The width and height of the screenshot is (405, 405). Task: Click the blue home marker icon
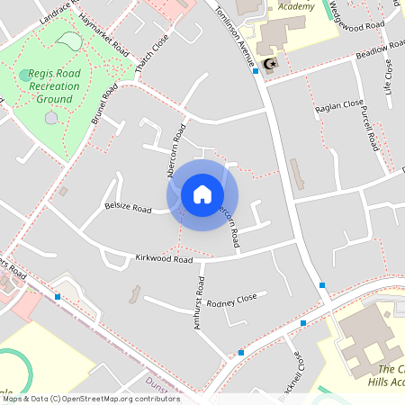click(202, 194)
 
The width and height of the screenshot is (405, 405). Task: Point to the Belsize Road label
click(127, 207)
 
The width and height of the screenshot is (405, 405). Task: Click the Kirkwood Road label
click(164, 259)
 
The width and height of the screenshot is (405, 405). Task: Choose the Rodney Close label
click(231, 299)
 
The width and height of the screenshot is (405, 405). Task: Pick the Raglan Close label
click(339, 107)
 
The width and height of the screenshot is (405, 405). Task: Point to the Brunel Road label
click(105, 106)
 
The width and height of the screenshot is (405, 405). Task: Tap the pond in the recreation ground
click(67, 40)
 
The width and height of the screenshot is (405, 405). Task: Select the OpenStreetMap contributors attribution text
click(90, 399)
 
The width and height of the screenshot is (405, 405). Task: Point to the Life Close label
click(388, 77)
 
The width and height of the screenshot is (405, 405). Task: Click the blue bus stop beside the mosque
click(256, 70)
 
